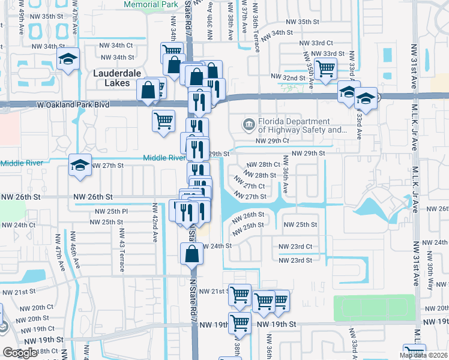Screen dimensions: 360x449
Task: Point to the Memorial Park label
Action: coord(151,4)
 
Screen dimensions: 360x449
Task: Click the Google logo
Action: coord(20,353)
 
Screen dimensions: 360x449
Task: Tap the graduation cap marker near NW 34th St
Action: coord(68,59)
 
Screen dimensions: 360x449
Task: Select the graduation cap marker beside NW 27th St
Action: coord(80,165)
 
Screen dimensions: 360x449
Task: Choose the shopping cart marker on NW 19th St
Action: coord(240,323)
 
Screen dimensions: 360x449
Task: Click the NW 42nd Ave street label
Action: coord(155,222)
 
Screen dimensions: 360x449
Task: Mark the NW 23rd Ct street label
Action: coord(295,247)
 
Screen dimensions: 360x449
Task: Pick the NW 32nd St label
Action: coord(287,77)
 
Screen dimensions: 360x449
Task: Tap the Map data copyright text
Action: coord(423,355)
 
